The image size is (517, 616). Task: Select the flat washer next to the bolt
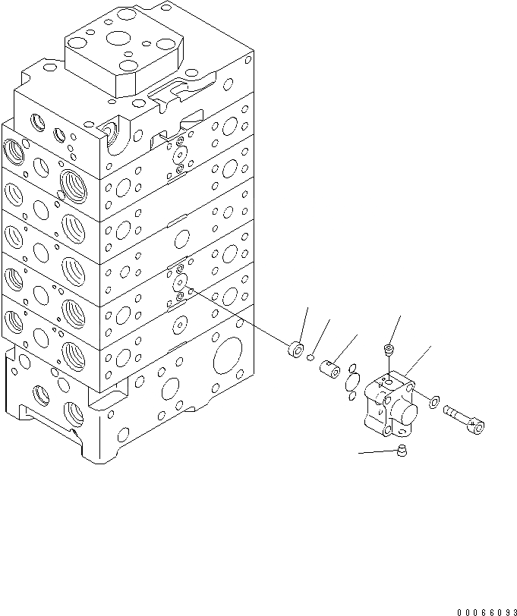click(431, 401)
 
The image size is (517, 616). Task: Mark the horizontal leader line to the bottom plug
click(379, 452)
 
